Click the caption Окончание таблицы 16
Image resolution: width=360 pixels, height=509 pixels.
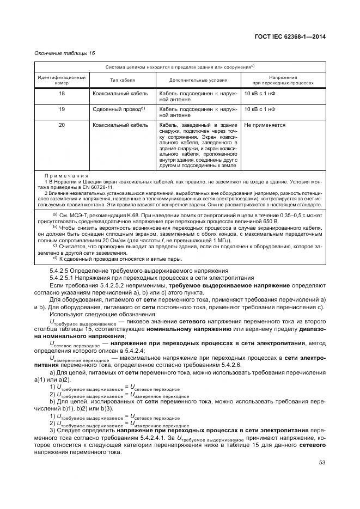click(64, 53)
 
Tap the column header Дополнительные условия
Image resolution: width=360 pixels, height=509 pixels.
click(198, 81)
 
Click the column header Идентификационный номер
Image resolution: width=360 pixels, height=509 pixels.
click(62, 81)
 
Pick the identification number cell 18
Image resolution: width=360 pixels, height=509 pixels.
click(62, 94)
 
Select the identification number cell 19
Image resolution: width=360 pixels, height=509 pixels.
click(62, 109)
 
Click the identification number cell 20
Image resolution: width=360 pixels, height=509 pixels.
click(62, 125)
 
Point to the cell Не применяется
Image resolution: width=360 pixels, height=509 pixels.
click(265, 125)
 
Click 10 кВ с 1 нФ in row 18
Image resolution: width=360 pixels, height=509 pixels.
click(260, 94)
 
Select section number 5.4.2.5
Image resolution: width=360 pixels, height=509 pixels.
click(63, 271)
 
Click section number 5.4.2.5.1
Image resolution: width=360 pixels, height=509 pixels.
click(65, 277)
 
